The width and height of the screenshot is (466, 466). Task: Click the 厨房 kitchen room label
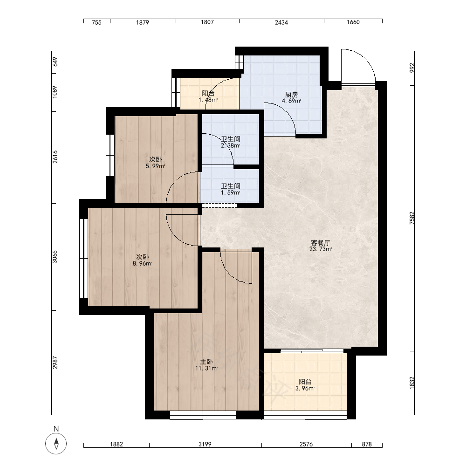[x=291, y=95]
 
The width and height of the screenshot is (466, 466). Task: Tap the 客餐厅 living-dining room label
[x=320, y=243]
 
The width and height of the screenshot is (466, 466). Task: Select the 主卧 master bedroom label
[x=206, y=362]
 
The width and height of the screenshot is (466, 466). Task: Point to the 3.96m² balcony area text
[x=305, y=388]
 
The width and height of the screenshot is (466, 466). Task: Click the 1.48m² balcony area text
[x=208, y=100]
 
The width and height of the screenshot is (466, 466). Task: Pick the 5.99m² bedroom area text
[x=155, y=166]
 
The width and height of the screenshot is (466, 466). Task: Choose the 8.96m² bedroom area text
[x=142, y=263]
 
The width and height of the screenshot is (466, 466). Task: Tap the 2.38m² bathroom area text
[x=230, y=145]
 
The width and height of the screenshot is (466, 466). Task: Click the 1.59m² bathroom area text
[x=230, y=192]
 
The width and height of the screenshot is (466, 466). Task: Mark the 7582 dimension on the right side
[x=412, y=218]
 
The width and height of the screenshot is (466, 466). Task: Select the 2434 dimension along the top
[x=281, y=22]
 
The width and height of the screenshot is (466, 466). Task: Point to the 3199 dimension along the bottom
[x=205, y=444]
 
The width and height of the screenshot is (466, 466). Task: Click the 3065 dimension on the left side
[x=55, y=257]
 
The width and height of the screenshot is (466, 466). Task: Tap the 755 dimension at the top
[x=96, y=22]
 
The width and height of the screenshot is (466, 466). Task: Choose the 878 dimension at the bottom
[x=367, y=444]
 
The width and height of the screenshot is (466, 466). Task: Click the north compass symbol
[x=56, y=444]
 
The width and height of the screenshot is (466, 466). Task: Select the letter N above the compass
[x=56, y=429]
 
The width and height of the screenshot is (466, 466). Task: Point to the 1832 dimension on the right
[x=412, y=383]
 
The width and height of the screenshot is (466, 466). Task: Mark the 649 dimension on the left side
[x=55, y=62]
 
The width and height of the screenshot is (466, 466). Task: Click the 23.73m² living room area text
[x=321, y=249]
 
